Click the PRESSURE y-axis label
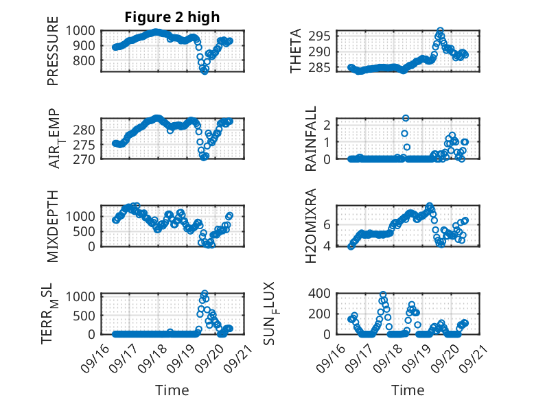click(x=53, y=55)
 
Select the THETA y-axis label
click(x=296, y=51)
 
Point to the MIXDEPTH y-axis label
click(x=53, y=226)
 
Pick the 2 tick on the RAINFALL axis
click(x=328, y=124)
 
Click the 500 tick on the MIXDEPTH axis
click(x=86, y=231)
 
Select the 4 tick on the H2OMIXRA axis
click(x=328, y=246)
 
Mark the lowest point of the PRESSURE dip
click(x=204, y=71)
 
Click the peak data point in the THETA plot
click(x=440, y=31)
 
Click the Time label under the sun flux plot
click(x=408, y=390)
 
